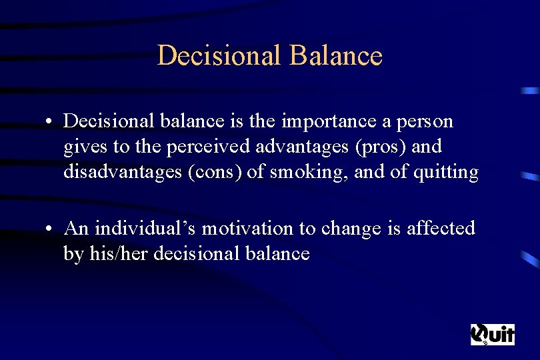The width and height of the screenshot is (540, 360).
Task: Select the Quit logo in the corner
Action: click(x=493, y=334)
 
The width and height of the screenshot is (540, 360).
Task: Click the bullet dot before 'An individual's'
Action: click(x=50, y=229)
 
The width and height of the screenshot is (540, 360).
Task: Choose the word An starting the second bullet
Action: click(x=77, y=228)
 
